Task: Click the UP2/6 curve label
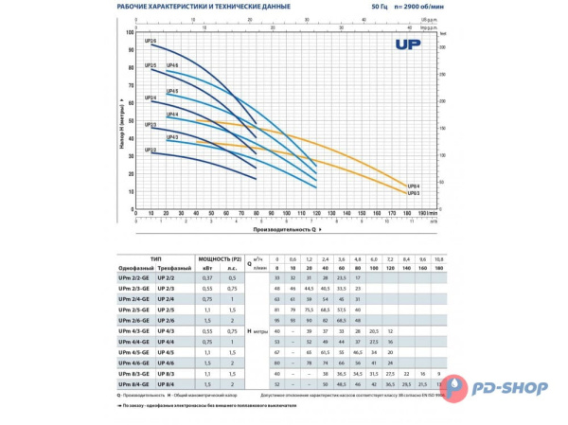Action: (x=151, y=40)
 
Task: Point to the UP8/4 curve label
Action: (x=413, y=186)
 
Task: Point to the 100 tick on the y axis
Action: (x=130, y=32)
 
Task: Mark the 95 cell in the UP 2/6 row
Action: (x=276, y=321)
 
